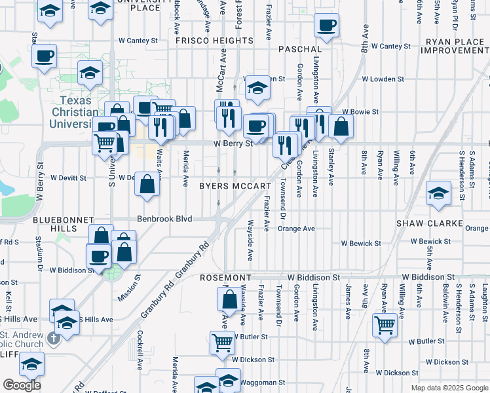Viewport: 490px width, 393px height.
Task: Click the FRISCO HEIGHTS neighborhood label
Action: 214,41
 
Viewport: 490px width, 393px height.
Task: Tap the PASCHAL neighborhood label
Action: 300,49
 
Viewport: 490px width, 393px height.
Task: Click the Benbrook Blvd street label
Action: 164,219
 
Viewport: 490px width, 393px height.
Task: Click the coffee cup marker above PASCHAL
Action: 326,27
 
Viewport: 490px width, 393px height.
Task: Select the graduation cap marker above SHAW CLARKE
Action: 438,193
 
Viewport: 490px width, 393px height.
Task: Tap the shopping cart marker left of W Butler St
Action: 223,341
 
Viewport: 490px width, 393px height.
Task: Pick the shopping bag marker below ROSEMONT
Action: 230,301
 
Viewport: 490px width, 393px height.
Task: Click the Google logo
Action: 22,385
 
